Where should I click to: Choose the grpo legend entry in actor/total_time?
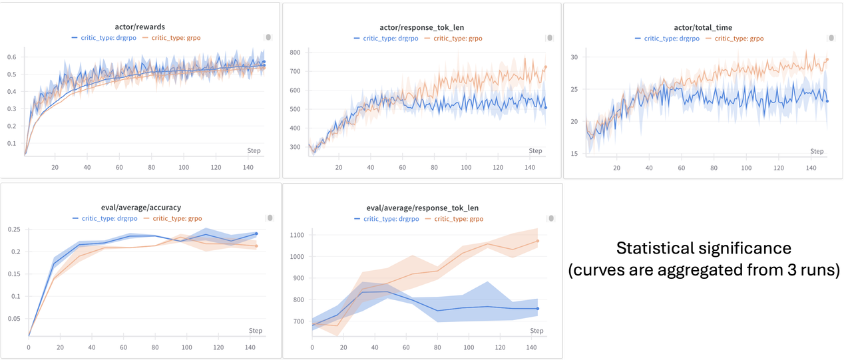[739, 39]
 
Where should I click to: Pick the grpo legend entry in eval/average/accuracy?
[177, 218]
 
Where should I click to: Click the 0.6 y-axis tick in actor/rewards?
[12, 57]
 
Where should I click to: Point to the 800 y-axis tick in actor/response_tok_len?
[294, 53]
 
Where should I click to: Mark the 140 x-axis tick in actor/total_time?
[811, 168]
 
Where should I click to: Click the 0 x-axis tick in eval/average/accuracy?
[29, 347]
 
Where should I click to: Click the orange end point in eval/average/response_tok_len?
[537, 241]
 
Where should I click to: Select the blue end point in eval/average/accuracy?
[256, 234]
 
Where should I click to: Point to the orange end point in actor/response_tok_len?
[546, 67]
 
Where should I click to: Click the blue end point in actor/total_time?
[827, 101]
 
